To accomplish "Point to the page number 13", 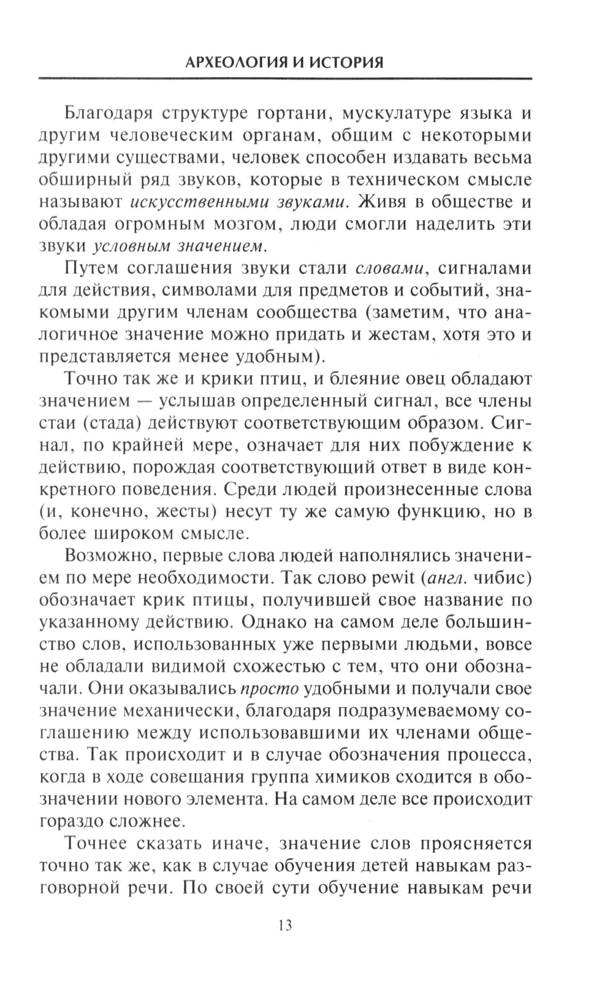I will [285, 926].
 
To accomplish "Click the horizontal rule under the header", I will [285, 78].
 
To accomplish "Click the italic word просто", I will [268, 688].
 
